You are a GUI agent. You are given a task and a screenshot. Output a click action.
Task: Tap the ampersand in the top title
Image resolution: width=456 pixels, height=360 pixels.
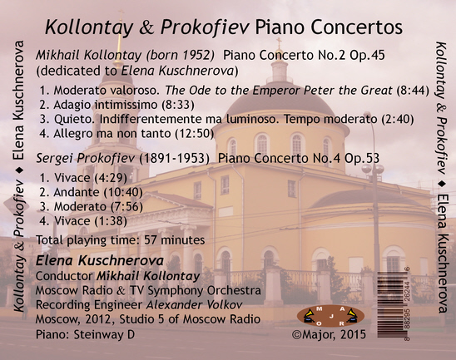[x=146, y=27]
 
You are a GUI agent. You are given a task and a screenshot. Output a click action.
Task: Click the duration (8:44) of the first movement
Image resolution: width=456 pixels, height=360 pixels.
[x=413, y=91]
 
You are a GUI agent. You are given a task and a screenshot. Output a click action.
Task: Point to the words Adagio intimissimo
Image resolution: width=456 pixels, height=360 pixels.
[x=106, y=105]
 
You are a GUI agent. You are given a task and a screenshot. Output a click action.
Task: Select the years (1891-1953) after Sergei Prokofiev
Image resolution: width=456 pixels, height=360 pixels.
[x=174, y=158]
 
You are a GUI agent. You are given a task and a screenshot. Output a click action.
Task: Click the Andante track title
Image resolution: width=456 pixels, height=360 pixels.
[x=77, y=192]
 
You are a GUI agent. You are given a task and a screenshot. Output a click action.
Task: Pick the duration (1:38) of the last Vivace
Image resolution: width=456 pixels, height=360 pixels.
[x=111, y=221]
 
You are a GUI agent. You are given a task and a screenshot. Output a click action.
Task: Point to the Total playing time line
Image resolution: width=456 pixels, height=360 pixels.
[x=121, y=240]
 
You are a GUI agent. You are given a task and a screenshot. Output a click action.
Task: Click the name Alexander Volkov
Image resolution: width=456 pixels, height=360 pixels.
[x=194, y=304]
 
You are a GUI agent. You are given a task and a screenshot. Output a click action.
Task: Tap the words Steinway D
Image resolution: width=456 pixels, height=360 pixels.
[x=104, y=334]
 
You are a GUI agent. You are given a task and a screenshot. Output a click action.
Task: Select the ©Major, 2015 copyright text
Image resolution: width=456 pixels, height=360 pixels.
[x=329, y=334]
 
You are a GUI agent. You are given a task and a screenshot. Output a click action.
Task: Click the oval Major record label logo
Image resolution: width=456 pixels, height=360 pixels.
[x=330, y=316]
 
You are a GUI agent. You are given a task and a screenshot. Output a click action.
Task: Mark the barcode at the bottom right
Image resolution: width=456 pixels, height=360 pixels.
[x=394, y=304]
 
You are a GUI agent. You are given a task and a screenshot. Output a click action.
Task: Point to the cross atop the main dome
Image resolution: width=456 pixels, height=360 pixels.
[x=279, y=42]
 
